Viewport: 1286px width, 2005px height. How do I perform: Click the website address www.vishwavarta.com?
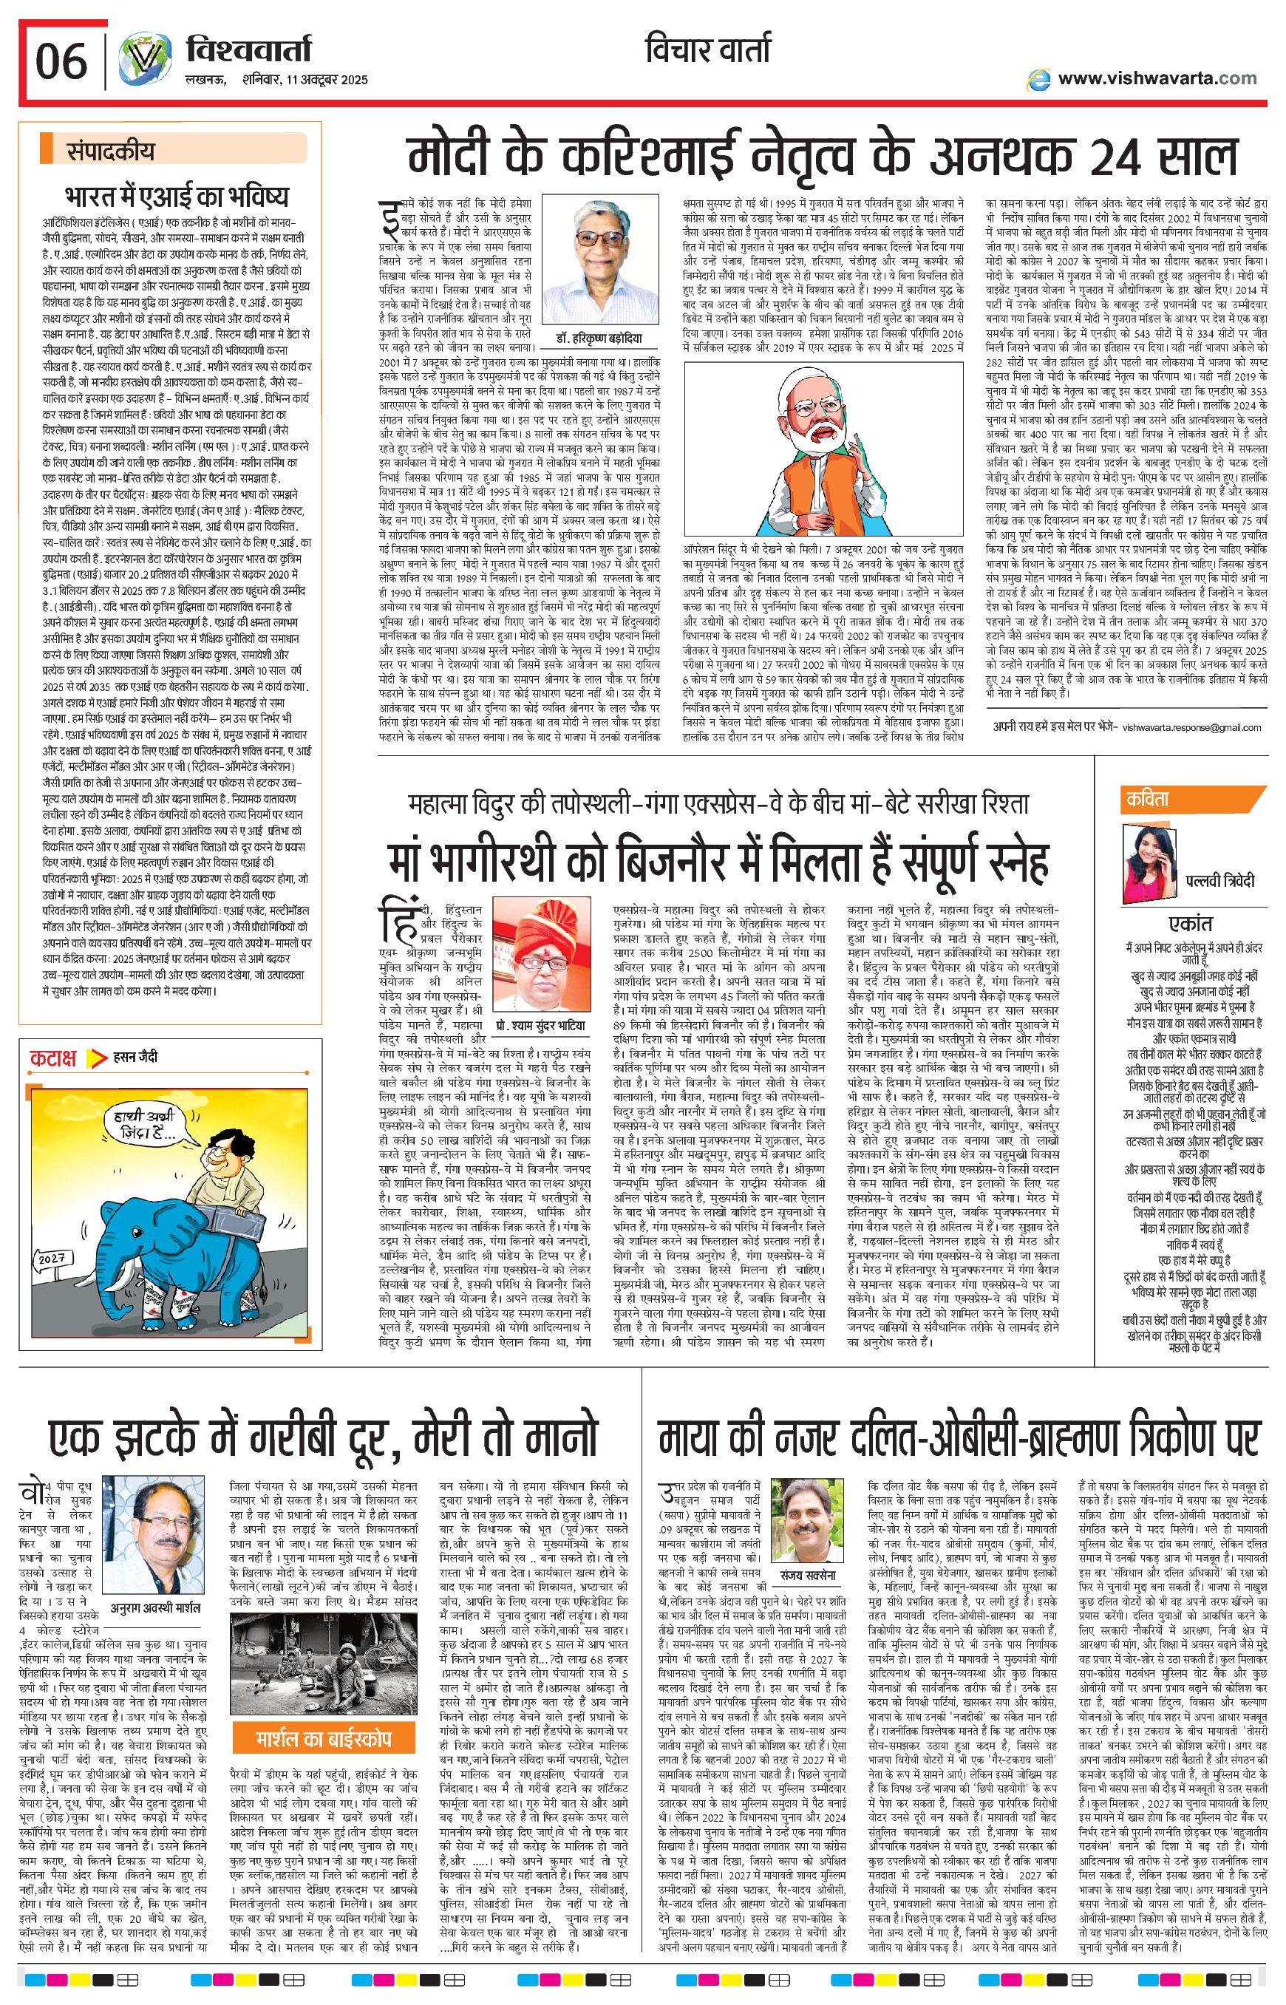pos(1157,78)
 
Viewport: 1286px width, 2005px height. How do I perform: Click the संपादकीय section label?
pos(111,152)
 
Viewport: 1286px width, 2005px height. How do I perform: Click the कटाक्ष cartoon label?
pos(54,1058)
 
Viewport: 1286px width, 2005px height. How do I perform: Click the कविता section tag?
pos(1149,799)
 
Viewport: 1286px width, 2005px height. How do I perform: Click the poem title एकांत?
pos(1191,924)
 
